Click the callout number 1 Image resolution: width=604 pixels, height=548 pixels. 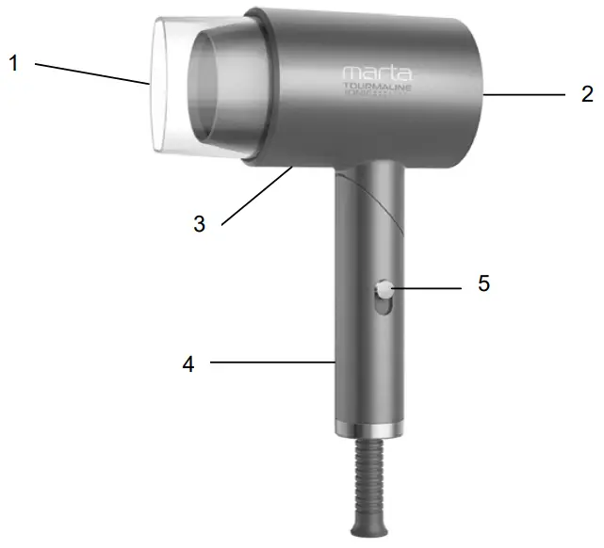pos(14,64)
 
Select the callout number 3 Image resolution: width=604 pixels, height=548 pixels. pos(199,224)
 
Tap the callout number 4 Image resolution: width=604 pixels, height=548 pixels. pos(188,363)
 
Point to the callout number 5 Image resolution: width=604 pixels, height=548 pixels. pos(483,283)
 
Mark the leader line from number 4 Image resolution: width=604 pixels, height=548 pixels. pos(273,360)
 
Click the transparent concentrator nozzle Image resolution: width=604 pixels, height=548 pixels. pos(170,85)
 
